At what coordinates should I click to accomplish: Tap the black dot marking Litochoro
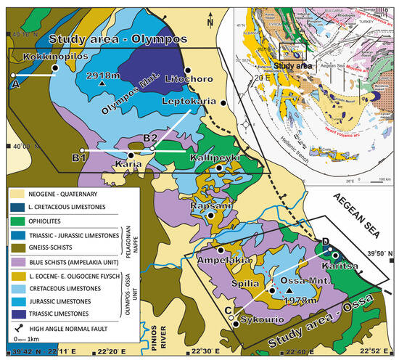coord(187,70)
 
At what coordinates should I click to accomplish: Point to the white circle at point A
coord(13,75)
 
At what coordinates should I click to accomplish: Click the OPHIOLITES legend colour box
coord(20,221)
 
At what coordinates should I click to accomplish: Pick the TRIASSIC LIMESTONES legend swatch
coord(20,313)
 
